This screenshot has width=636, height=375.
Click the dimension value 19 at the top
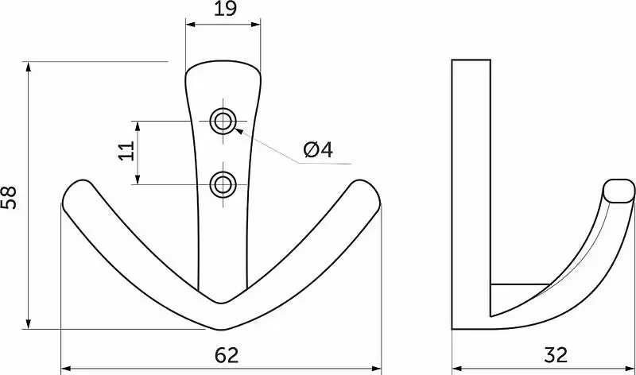[x=225, y=9]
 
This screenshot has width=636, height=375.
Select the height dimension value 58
[x=9, y=198]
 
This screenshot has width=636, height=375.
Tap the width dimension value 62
[x=227, y=356]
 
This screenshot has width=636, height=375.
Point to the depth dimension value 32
[x=556, y=356]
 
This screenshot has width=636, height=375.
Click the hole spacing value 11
[x=126, y=151]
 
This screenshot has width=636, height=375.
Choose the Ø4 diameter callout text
[x=319, y=150]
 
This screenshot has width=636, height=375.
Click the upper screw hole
[x=223, y=121]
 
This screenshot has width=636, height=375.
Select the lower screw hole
[x=223, y=184]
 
